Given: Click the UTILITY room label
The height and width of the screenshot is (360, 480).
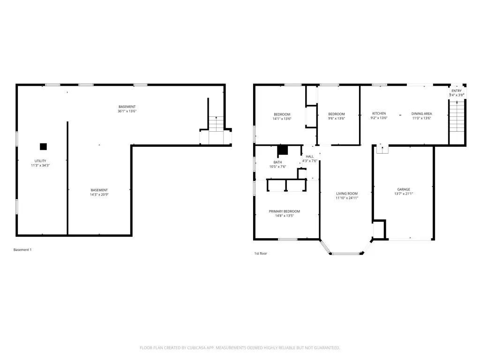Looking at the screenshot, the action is (x=40, y=161).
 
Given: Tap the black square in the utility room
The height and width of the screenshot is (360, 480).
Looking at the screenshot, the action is (x=43, y=147).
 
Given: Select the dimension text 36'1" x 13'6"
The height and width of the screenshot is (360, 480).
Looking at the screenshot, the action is (x=127, y=112).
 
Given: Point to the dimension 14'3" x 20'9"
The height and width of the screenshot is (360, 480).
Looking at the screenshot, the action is (x=99, y=195).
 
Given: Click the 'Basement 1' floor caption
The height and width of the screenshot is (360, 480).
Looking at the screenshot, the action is (x=22, y=250).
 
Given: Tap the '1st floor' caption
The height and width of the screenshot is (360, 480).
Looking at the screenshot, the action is (x=261, y=254).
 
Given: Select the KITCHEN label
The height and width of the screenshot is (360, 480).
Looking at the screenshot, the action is (x=379, y=113).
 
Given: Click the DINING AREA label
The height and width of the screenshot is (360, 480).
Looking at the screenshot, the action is (x=421, y=114).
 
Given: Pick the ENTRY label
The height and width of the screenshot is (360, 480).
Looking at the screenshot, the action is (x=457, y=91).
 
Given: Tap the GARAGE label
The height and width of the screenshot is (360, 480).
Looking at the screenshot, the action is (x=404, y=189).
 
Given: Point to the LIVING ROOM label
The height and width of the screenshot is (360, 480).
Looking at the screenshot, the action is (x=347, y=194).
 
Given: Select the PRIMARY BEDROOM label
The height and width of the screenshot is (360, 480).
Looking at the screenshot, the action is (x=285, y=211).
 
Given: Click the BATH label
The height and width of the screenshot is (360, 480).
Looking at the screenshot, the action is (x=277, y=163).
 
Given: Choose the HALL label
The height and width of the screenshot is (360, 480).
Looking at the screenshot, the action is (x=309, y=157).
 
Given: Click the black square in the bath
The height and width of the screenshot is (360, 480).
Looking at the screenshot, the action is (x=283, y=150).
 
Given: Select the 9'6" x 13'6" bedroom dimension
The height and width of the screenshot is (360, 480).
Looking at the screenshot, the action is (x=337, y=119).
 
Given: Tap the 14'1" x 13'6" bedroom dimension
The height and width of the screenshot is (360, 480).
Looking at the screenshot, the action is (x=282, y=119).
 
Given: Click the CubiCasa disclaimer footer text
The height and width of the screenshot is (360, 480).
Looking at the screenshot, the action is (x=240, y=348).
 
